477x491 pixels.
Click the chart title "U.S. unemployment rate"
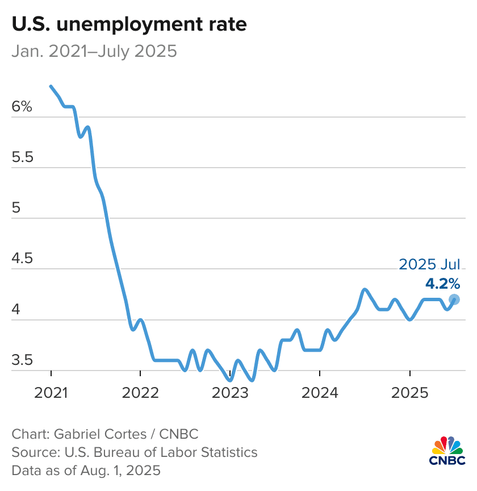tap(129, 24)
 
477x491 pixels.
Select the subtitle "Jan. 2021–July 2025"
tap(94, 52)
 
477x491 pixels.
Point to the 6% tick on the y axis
tap(23, 106)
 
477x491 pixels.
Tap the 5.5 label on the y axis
tap(23, 157)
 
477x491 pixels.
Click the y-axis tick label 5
tap(16, 208)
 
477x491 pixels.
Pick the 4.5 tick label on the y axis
tap(23, 259)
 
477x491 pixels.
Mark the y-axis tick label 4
tap(16, 310)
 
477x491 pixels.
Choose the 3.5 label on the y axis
tap(23, 360)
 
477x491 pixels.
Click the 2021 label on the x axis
tap(51, 392)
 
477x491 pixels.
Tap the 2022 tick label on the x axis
tap(140, 392)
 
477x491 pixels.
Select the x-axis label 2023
tap(230, 392)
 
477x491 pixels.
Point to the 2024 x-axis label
tap(320, 392)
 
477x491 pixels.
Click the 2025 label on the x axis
tap(409, 392)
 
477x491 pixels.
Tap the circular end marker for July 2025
tap(454, 299)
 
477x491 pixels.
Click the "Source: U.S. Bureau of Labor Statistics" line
tap(135, 452)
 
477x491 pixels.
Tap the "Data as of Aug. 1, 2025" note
tap(86, 471)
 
